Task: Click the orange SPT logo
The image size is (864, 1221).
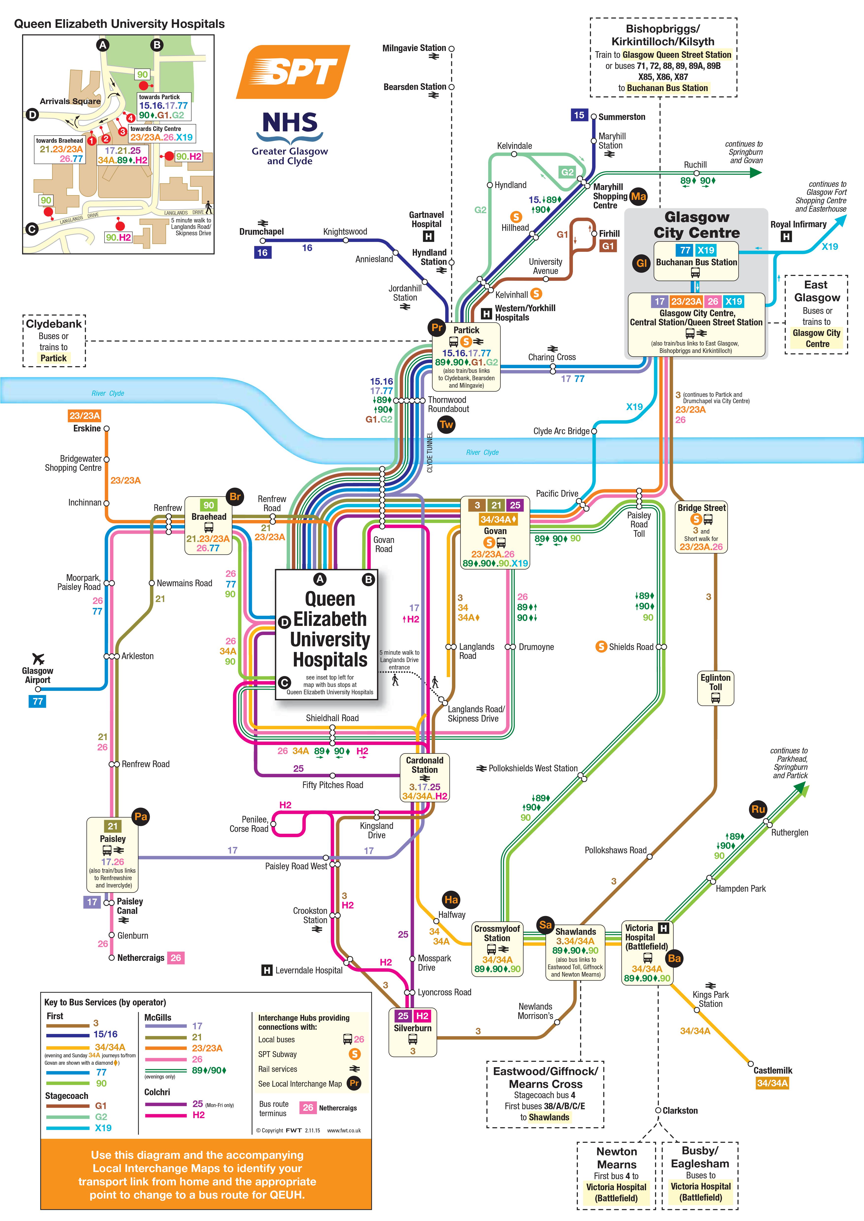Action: [293, 72]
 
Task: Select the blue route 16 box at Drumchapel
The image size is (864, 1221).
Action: [262, 253]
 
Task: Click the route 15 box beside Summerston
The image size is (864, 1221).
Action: [579, 115]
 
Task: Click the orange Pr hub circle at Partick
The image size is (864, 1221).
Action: [437, 328]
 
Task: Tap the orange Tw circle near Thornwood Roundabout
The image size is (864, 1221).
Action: [446, 424]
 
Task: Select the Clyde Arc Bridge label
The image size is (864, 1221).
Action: [561, 431]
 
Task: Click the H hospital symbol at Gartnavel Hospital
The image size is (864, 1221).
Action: [428, 236]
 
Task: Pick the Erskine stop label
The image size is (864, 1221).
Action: [87, 429]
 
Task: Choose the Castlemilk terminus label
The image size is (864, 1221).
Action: [772, 1071]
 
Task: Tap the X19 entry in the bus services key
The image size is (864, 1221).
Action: [103, 1128]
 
